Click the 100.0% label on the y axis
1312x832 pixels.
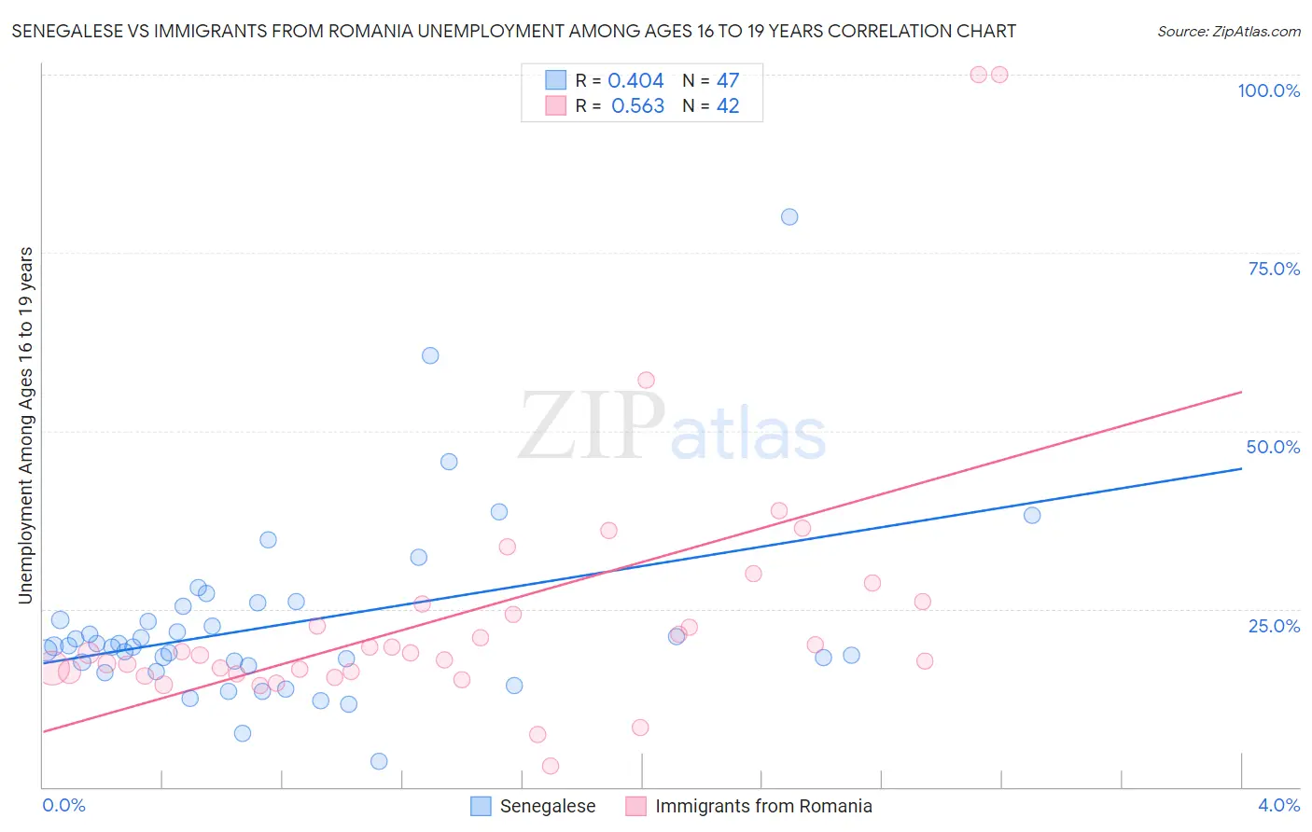(x=1268, y=90)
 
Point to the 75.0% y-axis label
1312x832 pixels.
(x=1274, y=269)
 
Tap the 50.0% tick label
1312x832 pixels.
(x=1273, y=447)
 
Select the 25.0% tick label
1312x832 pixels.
(x=1274, y=626)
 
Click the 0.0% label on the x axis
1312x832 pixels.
(x=63, y=805)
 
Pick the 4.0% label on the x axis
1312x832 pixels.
(x=1278, y=805)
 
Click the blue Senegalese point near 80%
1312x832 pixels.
(x=789, y=217)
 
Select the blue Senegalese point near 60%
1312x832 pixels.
(x=430, y=355)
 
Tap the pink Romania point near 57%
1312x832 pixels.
(x=646, y=380)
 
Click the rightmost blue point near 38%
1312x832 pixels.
(x=1032, y=515)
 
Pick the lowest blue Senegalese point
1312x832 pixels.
(x=379, y=761)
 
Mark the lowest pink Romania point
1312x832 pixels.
(x=551, y=766)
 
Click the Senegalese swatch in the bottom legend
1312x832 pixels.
(x=481, y=806)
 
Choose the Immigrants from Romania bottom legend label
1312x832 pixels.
(x=763, y=806)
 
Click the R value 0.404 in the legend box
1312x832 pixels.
(x=635, y=81)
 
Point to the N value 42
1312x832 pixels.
(x=728, y=106)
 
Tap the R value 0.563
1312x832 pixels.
(x=637, y=106)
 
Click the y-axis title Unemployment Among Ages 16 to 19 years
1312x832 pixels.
(x=26, y=424)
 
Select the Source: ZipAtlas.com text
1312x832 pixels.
(x=1228, y=32)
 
